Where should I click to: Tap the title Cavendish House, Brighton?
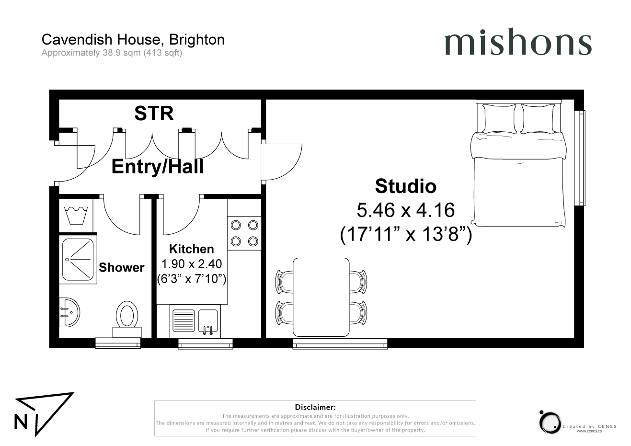[x=133, y=39]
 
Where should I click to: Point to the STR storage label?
[x=154, y=114]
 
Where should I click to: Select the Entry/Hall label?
[x=158, y=167]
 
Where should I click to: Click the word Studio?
[x=406, y=186]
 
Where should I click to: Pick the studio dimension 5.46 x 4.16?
[x=406, y=210]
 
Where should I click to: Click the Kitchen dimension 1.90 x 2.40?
[x=192, y=263]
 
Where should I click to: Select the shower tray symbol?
[x=78, y=259]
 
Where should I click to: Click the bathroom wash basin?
[x=69, y=312]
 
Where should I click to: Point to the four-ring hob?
[x=244, y=233]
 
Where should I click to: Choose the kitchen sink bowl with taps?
[x=208, y=320]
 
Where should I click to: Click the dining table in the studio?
[x=321, y=297]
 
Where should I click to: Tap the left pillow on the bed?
[x=499, y=118]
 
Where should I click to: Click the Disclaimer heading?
[x=315, y=407]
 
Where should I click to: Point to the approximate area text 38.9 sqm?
[x=122, y=53]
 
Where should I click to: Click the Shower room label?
[x=121, y=267]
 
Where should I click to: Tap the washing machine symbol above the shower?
[x=76, y=216]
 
